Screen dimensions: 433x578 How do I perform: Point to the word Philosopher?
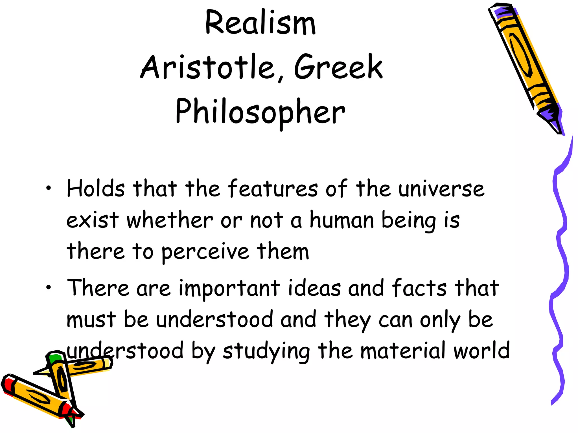pos(260,112)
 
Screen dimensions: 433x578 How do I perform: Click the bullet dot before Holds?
pos(49,188)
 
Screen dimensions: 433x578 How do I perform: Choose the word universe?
pos(441,189)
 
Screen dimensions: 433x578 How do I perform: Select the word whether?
pos(170,220)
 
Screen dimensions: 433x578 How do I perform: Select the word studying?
pos(266,351)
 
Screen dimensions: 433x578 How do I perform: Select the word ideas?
pos(314,288)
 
